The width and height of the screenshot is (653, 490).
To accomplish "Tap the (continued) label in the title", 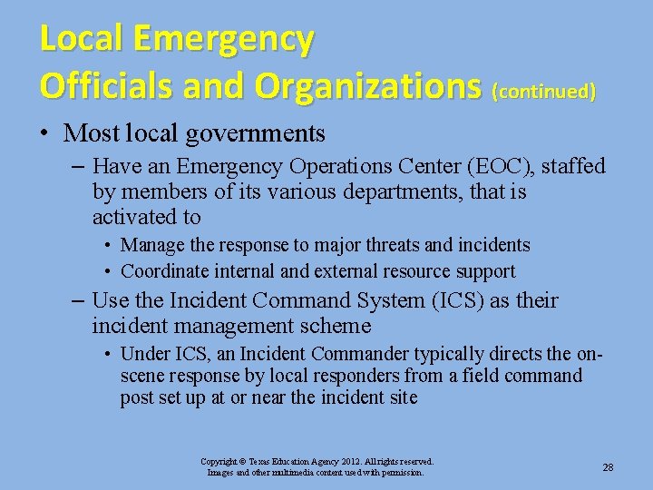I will point(543,92).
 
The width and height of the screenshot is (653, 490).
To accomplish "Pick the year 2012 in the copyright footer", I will point(346,462).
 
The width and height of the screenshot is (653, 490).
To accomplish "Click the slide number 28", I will point(608,467).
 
